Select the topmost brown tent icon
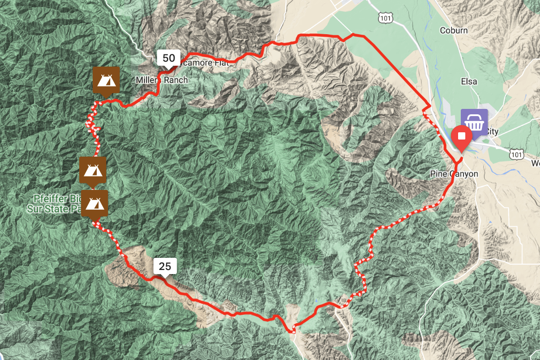[x=106, y=80]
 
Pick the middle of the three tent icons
[x=93, y=170]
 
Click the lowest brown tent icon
[x=94, y=203]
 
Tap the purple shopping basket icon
[x=473, y=121]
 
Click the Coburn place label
[x=454, y=31]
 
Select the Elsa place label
[x=469, y=82]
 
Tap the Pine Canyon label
[x=454, y=174]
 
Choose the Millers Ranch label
[x=162, y=80]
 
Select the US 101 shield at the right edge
[x=517, y=154]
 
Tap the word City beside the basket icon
[x=492, y=132]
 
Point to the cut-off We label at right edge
[x=535, y=162]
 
